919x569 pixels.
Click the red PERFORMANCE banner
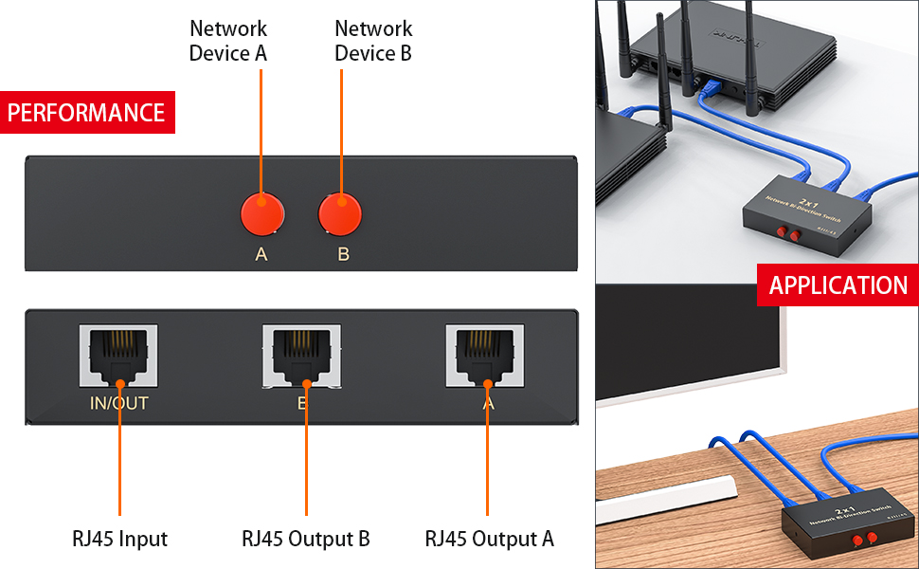coord(87,113)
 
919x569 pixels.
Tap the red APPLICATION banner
coord(838,285)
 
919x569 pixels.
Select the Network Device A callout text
coord(228,41)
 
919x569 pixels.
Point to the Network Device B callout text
coord(373,41)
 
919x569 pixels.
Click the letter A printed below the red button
coord(261,254)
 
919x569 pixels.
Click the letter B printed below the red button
coord(343,254)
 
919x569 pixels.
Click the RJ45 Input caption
coord(119,539)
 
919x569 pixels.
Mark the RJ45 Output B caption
coord(305,539)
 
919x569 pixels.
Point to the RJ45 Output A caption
coord(489,539)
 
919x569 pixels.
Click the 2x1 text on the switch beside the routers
coord(809,202)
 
